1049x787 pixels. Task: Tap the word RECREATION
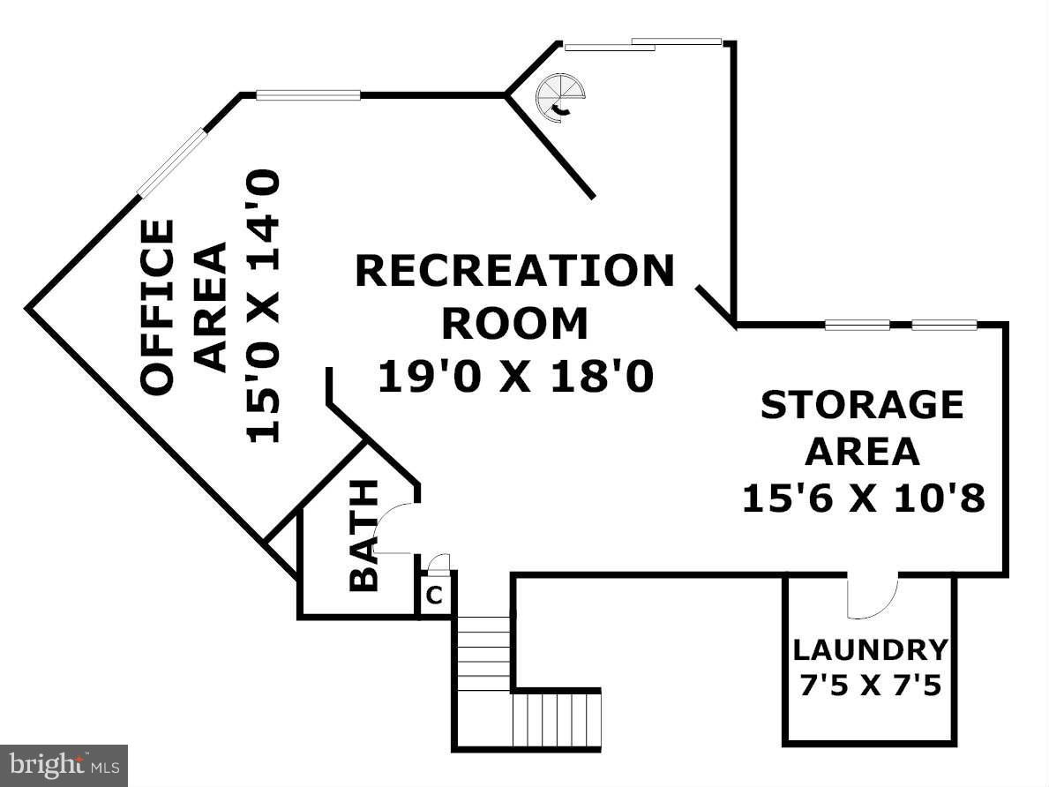(x=514, y=270)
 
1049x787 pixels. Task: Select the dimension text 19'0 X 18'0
(x=515, y=377)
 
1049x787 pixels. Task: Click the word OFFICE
(x=158, y=306)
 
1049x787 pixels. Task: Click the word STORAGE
(x=862, y=405)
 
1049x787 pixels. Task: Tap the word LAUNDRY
(x=871, y=650)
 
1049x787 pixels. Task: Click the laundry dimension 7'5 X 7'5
(x=871, y=686)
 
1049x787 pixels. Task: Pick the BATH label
(x=365, y=536)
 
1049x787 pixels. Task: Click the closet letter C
(x=435, y=595)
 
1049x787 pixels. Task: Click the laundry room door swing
(x=873, y=596)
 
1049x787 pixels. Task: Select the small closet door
(x=438, y=563)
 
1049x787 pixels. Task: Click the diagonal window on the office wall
(x=170, y=162)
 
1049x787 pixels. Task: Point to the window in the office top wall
(x=309, y=95)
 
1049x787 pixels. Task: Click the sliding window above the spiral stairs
(x=643, y=44)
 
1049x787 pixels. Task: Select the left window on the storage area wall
(x=857, y=326)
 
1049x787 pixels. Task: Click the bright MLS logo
(x=64, y=766)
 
